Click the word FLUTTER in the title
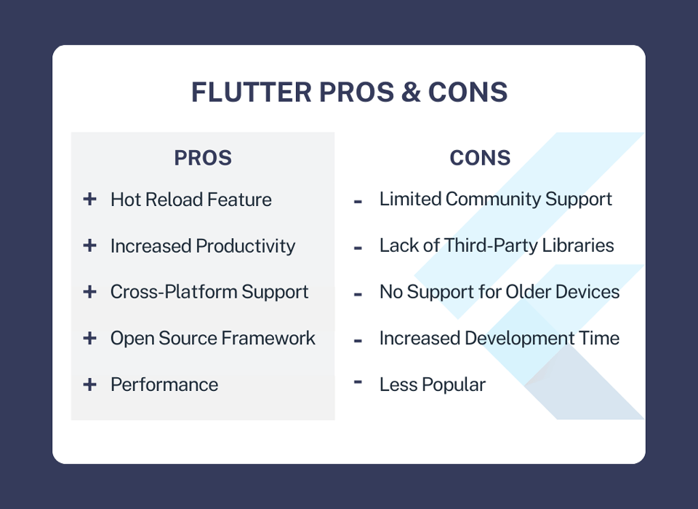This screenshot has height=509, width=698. [252, 92]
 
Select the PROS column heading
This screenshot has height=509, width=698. [203, 158]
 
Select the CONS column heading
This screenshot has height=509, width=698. [480, 158]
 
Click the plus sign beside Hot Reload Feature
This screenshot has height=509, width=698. [89, 199]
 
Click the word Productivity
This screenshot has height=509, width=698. [245, 246]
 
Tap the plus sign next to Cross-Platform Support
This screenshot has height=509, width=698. [89, 291]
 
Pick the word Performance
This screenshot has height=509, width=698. [164, 384]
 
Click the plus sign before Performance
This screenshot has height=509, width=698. [89, 384]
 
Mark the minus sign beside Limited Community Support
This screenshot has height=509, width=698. [358, 202]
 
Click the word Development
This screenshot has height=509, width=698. [519, 339]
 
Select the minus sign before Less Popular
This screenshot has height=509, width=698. [358, 381]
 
